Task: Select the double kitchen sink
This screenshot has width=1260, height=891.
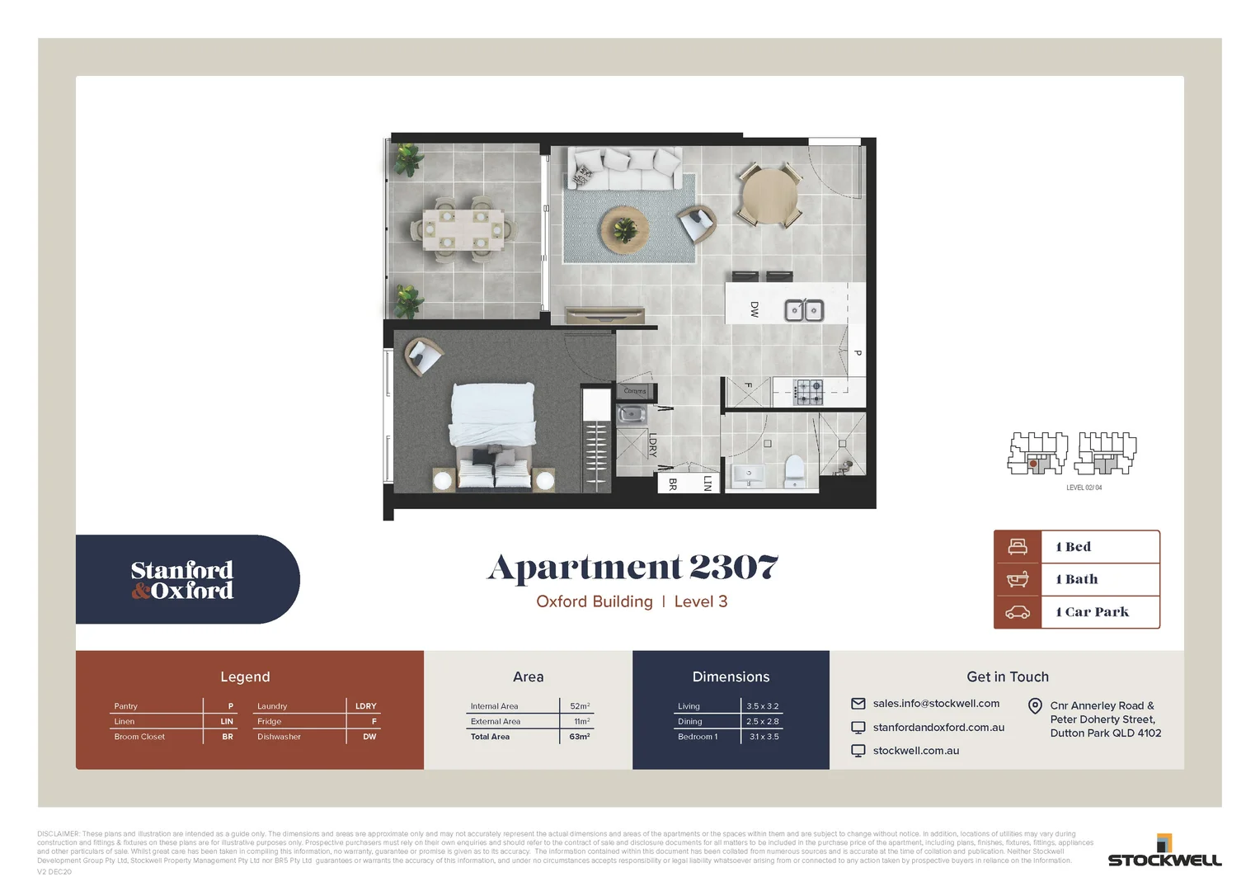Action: [803, 310]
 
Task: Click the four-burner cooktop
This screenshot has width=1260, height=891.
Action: [808, 392]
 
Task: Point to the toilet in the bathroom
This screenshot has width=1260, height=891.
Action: [794, 469]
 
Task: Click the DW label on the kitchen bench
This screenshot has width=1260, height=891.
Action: [754, 309]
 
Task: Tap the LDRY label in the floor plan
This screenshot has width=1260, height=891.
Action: [652, 445]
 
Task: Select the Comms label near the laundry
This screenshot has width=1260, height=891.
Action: [635, 391]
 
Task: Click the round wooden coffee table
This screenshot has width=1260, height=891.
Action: [625, 229]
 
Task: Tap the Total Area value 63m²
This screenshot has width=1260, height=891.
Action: [580, 737]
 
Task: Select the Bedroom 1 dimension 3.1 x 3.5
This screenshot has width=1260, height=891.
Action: [764, 737]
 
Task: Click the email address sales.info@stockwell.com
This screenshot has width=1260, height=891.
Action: [936, 704]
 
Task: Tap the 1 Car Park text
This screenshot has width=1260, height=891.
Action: [1093, 612]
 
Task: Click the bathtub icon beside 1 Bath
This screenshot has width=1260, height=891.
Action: [1018, 579]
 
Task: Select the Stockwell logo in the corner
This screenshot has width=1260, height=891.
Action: [1164, 851]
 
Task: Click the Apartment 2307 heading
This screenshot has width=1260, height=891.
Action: [632, 568]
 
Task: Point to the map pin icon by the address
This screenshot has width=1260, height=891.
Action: [1035, 706]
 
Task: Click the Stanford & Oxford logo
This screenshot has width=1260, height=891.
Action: [182, 580]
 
